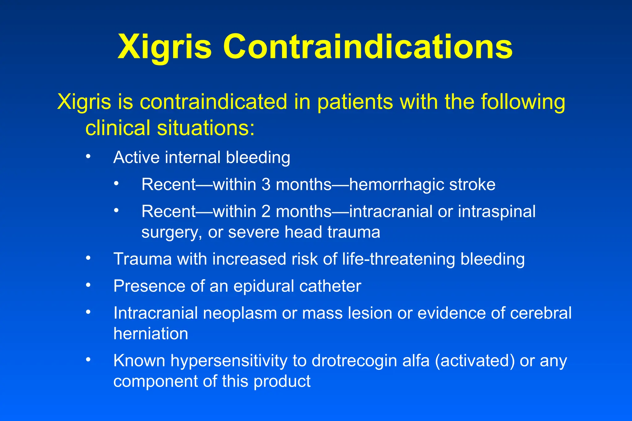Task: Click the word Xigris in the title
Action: pos(164,47)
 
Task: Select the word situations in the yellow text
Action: pos(206,128)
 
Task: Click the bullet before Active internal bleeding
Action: pos(88,156)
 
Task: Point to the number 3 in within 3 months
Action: pos(266,184)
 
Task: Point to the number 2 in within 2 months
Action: pos(266,212)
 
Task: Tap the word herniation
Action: pos(151,334)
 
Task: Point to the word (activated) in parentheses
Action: pos(475,361)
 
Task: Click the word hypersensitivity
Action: pos(229,361)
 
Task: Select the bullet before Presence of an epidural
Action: pos(88,285)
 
